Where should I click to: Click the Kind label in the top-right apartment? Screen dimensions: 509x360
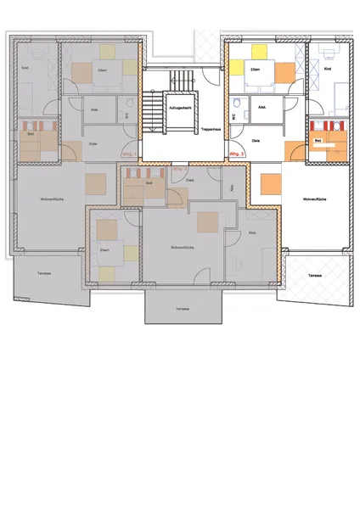tap(328, 70)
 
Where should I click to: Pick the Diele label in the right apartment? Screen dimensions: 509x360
tap(256, 141)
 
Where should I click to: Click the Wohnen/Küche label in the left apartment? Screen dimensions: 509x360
tap(48, 199)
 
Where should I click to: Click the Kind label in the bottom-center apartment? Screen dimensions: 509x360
tap(252, 232)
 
